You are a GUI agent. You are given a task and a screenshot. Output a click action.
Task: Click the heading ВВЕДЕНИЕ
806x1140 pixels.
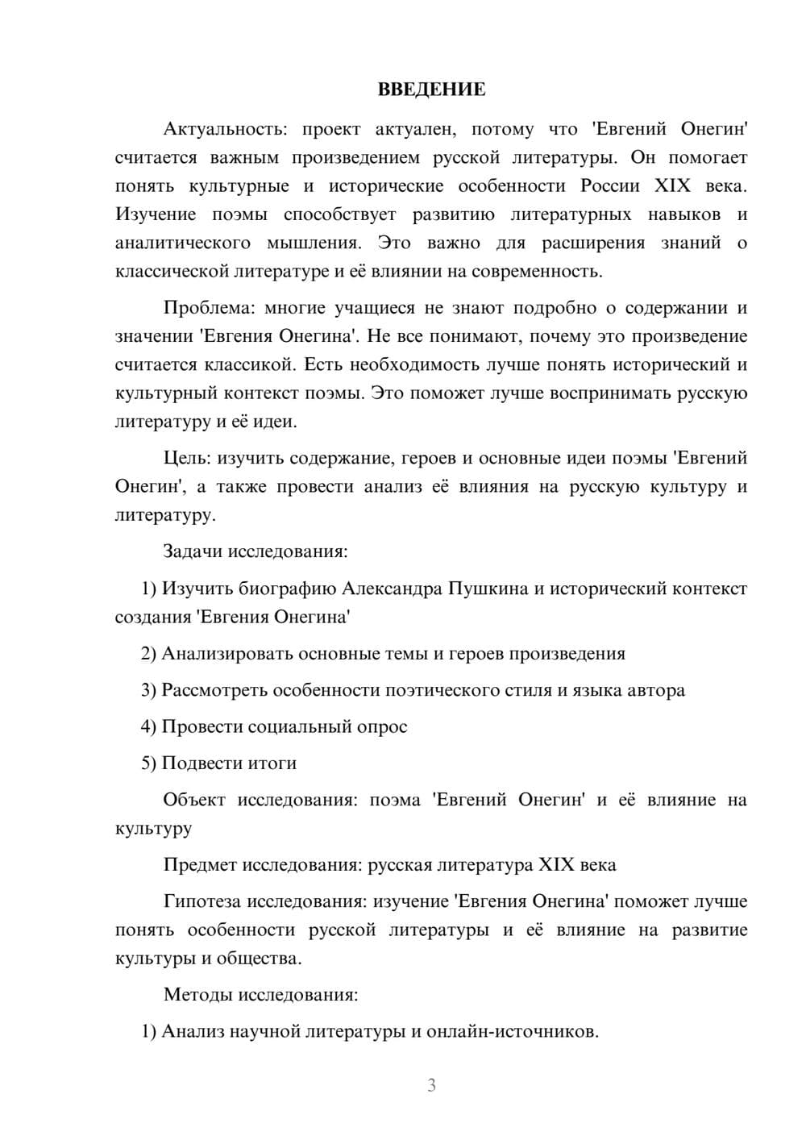click(x=431, y=89)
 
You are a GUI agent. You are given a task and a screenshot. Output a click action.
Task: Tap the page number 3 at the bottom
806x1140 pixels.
click(x=431, y=1085)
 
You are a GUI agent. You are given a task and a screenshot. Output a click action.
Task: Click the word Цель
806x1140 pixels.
click(x=185, y=458)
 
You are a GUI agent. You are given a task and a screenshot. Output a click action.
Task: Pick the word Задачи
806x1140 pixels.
click(x=193, y=551)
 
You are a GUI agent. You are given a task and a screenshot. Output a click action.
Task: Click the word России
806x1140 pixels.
click(x=610, y=185)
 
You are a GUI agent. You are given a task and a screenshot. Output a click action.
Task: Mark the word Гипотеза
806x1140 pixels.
click(x=202, y=901)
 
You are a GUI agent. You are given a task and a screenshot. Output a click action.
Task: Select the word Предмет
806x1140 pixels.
click(x=200, y=865)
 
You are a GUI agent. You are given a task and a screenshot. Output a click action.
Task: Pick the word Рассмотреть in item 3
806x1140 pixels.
click(x=214, y=690)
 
